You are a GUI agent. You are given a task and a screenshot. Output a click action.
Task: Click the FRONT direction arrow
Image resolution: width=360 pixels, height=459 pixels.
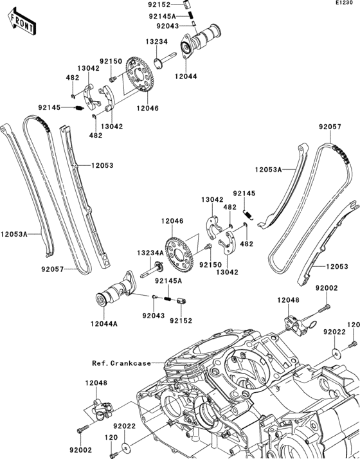22,22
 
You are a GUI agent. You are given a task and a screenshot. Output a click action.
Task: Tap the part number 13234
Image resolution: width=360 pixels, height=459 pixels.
157,42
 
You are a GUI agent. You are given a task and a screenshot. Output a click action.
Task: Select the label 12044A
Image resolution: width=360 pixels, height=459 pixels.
104,324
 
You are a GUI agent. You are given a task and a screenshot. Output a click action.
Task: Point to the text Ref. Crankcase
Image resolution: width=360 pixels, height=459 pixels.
122,363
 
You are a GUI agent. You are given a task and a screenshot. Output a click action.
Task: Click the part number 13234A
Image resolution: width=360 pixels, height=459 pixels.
150,253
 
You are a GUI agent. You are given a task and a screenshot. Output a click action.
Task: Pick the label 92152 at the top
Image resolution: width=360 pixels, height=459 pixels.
159,4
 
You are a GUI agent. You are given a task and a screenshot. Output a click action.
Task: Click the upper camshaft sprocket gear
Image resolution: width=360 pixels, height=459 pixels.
140,74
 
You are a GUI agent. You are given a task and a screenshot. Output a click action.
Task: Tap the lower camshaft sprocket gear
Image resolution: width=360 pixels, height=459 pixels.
179,253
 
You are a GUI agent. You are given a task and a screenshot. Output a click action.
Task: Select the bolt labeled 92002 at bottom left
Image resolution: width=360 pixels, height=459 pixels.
83,429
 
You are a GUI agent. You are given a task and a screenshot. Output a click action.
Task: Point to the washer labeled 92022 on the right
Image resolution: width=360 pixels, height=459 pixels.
337,354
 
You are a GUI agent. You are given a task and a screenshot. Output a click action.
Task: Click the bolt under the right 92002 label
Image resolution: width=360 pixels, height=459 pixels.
324,308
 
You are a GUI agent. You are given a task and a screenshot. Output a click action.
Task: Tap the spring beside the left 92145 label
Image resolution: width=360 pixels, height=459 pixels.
79,108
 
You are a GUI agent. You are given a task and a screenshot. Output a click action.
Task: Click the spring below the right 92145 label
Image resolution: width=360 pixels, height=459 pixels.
248,215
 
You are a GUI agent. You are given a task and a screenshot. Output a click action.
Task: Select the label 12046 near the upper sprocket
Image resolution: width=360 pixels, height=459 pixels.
147,108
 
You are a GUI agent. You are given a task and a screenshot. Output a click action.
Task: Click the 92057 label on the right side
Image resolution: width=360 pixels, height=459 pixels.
330,127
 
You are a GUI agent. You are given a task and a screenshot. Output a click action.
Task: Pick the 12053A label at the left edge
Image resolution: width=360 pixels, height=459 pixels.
14,234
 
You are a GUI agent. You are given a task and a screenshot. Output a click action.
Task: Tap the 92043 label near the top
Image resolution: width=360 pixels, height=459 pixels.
167,26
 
